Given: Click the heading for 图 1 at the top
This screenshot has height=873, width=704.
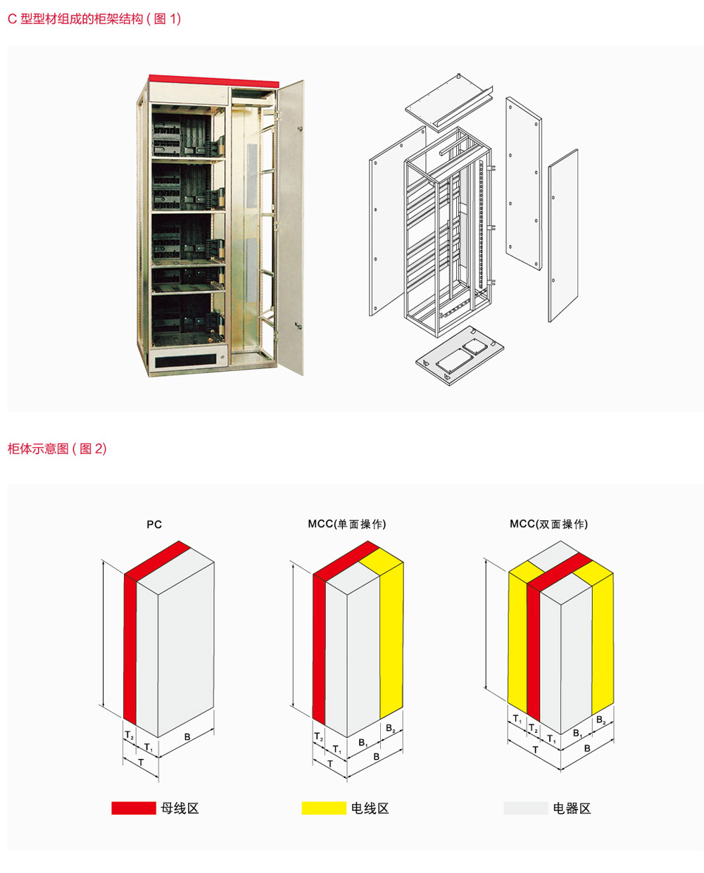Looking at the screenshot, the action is point(94,19).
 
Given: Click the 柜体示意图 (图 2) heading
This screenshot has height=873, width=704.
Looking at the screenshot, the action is point(57,448).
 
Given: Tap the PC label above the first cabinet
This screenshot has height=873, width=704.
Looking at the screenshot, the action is point(154,525).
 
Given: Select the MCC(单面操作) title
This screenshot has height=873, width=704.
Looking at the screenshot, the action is point(347,524).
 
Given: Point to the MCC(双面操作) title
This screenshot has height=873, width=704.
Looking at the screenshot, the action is point(548,524).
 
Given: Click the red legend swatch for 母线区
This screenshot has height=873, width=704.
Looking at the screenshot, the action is point(134,808).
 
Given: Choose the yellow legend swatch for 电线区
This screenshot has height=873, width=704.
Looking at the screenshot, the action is point(324,808).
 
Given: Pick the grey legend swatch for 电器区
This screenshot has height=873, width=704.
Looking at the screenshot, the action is point(526,808).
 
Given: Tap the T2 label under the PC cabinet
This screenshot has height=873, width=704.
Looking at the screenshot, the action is point(130,735).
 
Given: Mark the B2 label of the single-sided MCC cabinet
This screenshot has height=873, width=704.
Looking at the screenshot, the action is point(391,729).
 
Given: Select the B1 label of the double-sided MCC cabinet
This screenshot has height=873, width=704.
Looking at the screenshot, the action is point(578,734).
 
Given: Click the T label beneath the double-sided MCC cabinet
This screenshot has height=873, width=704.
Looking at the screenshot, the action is point(535,750).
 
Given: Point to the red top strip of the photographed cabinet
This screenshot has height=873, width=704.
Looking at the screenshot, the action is point(214,81).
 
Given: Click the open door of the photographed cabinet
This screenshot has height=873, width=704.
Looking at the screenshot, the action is point(291,227).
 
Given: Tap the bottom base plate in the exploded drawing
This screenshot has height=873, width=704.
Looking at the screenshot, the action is point(460,356).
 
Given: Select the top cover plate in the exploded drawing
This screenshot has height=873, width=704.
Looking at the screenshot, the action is point(448,103).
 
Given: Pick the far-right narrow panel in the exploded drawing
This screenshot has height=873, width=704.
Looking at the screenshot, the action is point(563,235).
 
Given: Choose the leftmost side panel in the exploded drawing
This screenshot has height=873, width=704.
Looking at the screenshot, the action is point(398,221).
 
